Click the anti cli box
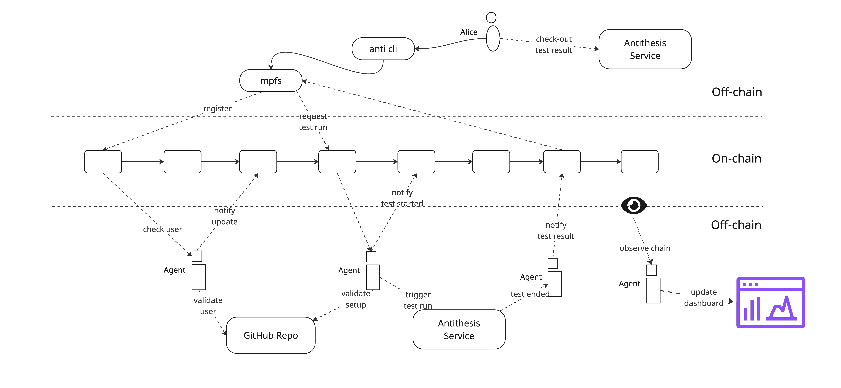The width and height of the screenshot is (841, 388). [x=383, y=49]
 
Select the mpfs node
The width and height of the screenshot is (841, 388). [x=271, y=81]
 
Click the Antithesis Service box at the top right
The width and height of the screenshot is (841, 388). [x=645, y=49]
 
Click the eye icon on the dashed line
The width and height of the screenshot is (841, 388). [x=633, y=206]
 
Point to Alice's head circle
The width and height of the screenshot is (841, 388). [x=491, y=17]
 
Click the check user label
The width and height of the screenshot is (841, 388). [x=162, y=229]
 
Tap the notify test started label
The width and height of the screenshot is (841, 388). [x=402, y=198]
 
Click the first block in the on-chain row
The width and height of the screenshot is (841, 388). [x=103, y=161]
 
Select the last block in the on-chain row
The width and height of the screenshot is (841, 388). [x=639, y=161]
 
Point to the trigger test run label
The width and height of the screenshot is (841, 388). [x=418, y=300]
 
